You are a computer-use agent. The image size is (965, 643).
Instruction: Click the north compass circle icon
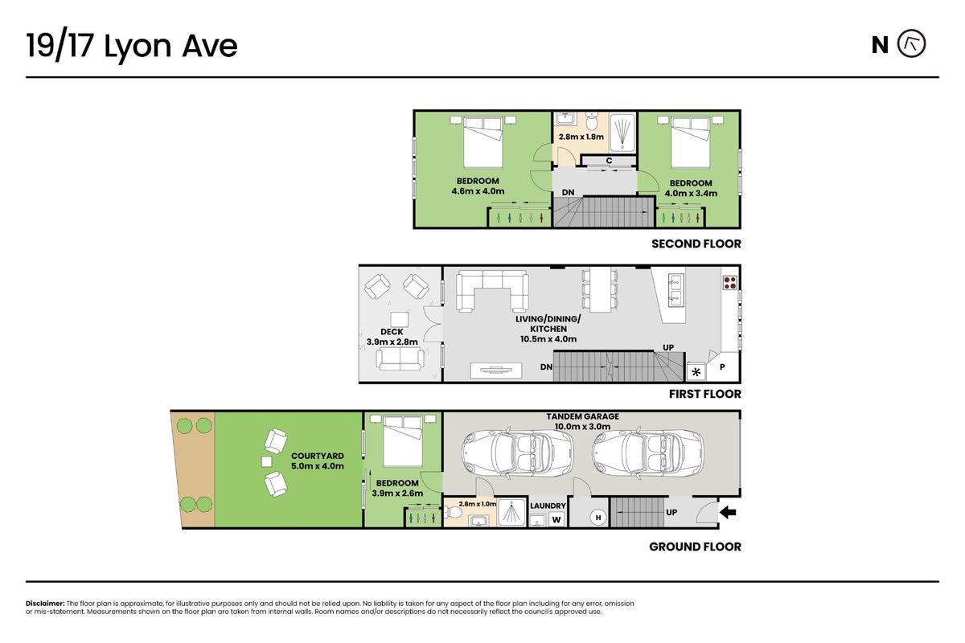(912, 44)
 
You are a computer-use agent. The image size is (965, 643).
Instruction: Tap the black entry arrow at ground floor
(728, 513)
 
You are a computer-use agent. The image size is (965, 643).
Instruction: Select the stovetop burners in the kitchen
(730, 283)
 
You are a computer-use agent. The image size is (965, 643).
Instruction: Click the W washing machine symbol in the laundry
(556, 519)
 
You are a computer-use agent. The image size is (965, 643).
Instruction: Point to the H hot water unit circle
(598, 518)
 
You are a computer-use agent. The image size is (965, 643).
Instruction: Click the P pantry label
(722, 367)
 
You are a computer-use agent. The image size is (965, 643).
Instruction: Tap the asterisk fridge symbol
(696, 372)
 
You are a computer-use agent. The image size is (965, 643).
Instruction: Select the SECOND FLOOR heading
(696, 244)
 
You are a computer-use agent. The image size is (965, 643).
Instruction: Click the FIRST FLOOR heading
(705, 394)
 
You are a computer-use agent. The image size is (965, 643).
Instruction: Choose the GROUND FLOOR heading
(696, 547)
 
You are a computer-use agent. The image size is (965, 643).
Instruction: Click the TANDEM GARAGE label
(582, 416)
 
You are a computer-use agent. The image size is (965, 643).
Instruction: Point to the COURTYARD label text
(318, 456)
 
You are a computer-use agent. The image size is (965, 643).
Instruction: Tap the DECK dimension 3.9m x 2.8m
(392, 342)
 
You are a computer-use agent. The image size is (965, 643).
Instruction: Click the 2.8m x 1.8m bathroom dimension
(581, 137)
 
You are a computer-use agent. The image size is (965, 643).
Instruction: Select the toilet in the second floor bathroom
(593, 121)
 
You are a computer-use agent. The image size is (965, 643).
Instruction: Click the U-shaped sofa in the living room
(492, 290)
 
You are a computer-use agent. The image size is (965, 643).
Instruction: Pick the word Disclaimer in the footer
(45, 604)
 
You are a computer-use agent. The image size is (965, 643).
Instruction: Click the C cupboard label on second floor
(609, 161)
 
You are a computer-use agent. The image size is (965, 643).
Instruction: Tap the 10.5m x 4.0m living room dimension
(548, 339)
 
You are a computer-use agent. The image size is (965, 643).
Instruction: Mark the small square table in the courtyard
(267, 461)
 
